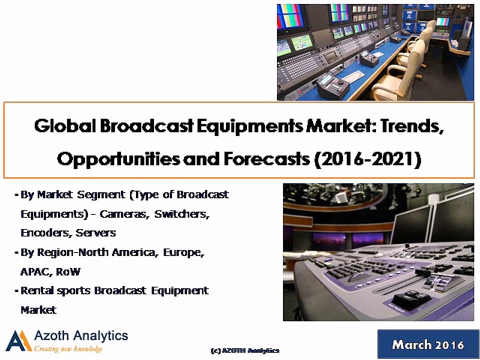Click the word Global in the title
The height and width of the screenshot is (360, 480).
(64, 127)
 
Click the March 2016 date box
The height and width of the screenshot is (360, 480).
(427, 344)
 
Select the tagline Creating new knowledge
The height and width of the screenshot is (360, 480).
(68, 349)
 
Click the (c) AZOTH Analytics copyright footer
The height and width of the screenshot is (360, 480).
(244, 350)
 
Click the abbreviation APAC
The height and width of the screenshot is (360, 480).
(34, 271)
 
